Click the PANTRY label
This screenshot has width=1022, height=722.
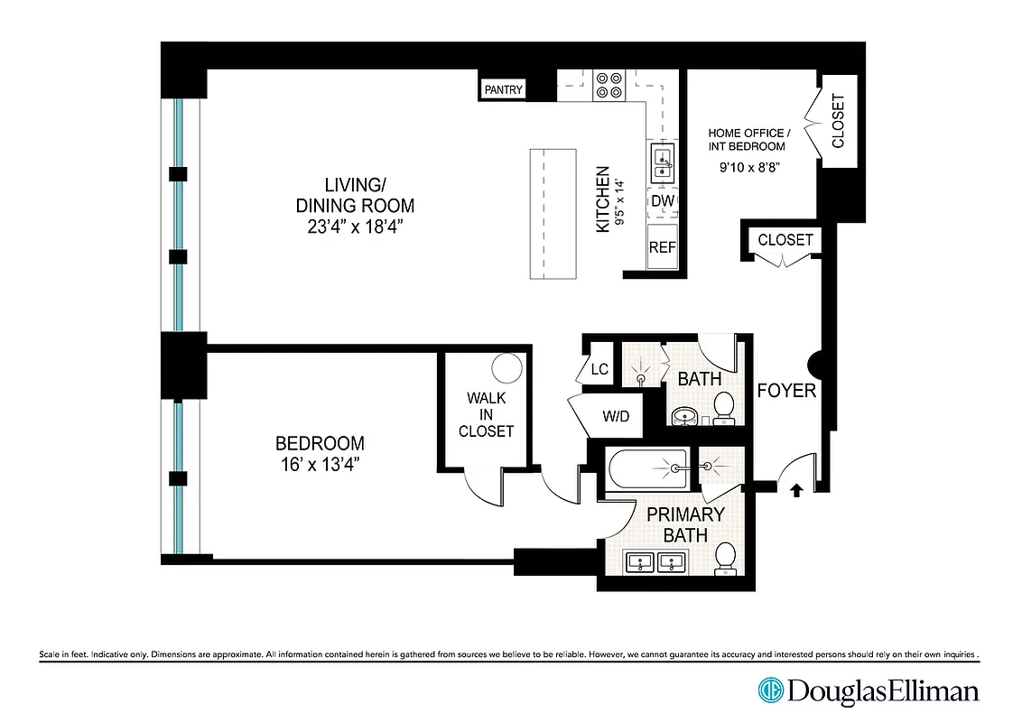coord(504,89)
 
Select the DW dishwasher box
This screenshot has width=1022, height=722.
coord(663,200)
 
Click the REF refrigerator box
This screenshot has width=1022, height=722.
coord(663,246)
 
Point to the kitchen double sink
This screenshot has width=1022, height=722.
coord(663,161)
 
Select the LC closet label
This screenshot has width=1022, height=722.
coord(598,370)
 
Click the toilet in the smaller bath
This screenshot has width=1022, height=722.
coord(723,407)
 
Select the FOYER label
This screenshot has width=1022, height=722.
coord(786,391)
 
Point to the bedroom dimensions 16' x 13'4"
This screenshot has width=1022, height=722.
coord(320,466)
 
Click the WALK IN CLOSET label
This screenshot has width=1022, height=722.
coord(486,414)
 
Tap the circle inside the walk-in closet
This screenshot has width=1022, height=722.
coord(507,368)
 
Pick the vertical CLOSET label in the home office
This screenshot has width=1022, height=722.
coord(838,122)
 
